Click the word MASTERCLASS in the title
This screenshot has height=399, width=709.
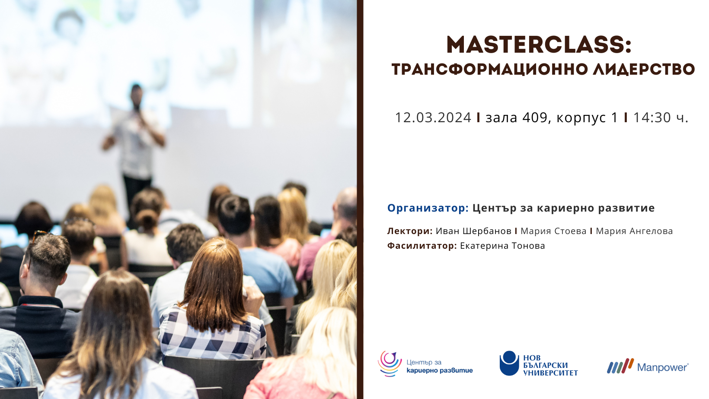point(535,45)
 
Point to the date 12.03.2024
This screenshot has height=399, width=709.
point(433,117)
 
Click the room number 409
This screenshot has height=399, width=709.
point(535,117)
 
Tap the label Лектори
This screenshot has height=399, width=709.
point(410,231)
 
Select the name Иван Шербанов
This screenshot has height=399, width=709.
point(473,231)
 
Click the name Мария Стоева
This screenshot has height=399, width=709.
point(554,231)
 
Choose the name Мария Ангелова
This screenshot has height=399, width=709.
point(634,231)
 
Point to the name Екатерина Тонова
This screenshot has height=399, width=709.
point(502,246)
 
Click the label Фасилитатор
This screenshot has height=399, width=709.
point(422,246)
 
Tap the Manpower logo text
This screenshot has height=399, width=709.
point(663,367)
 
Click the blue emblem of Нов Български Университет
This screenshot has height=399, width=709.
point(509,363)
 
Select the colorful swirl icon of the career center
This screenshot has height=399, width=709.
point(390,364)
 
